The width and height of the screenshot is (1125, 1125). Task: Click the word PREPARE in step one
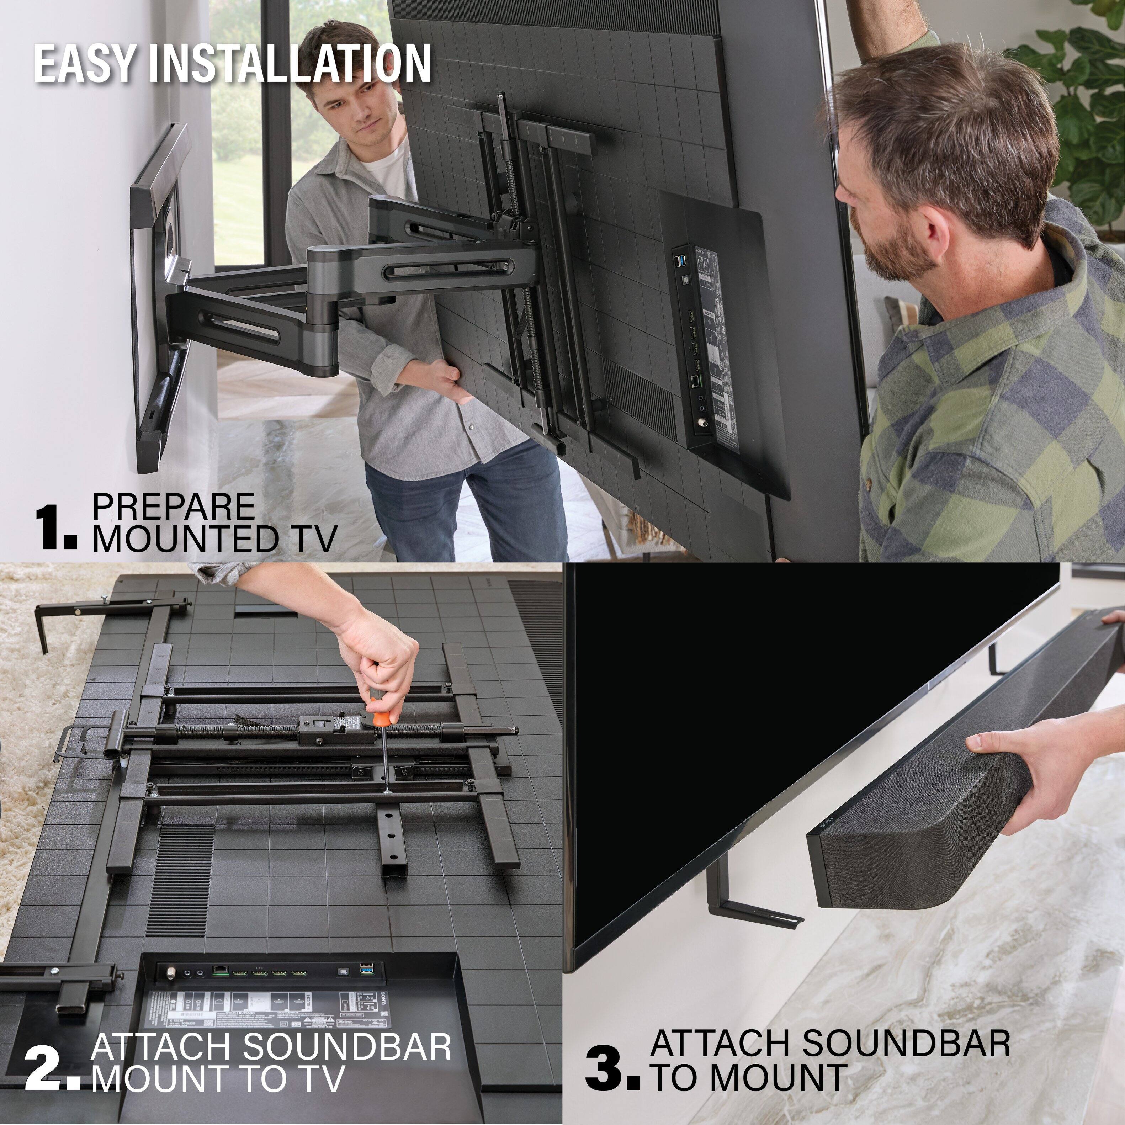click(x=174, y=506)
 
